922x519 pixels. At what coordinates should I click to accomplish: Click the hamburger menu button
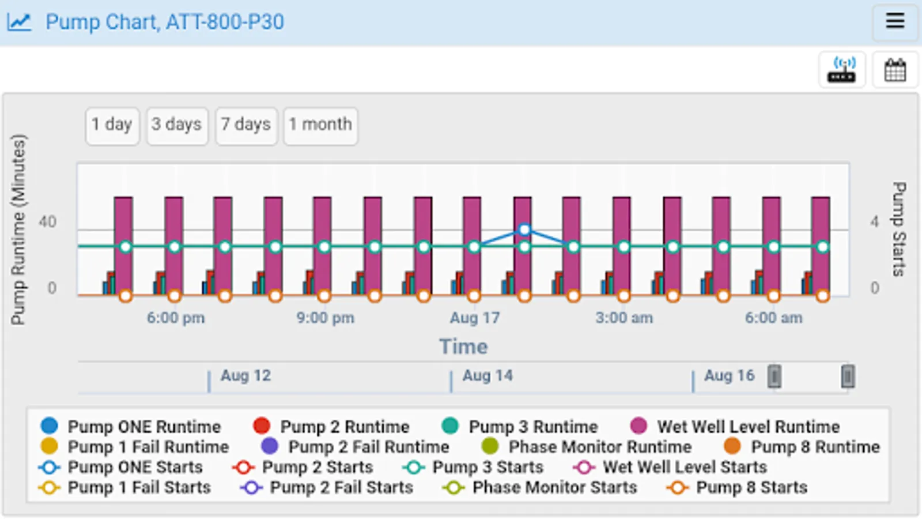click(x=894, y=22)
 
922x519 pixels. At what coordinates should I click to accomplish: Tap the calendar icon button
click(x=895, y=70)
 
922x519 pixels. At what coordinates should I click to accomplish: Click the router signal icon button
click(x=842, y=70)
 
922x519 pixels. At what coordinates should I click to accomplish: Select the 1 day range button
click(x=112, y=125)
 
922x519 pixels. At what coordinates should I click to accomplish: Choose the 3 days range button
click(x=176, y=125)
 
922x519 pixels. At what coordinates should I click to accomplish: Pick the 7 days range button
click(x=246, y=125)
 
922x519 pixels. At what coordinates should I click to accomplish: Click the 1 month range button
click(x=320, y=125)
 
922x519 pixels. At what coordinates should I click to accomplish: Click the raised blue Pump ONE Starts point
click(x=524, y=230)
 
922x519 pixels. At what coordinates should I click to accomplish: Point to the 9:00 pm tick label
click(x=325, y=318)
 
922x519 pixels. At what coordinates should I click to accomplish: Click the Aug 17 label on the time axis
click(x=474, y=318)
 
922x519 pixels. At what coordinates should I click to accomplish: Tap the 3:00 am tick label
click(x=624, y=318)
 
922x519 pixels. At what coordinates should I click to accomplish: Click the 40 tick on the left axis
click(x=47, y=222)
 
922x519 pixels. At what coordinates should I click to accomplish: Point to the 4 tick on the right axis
click(x=874, y=222)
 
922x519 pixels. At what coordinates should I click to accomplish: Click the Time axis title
click(x=463, y=347)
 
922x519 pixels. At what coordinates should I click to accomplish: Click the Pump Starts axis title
click(x=898, y=229)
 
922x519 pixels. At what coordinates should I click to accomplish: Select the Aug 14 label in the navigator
click(x=488, y=376)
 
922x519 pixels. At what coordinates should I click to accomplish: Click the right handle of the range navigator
click(x=847, y=377)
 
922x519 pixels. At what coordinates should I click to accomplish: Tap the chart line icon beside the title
click(x=19, y=22)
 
